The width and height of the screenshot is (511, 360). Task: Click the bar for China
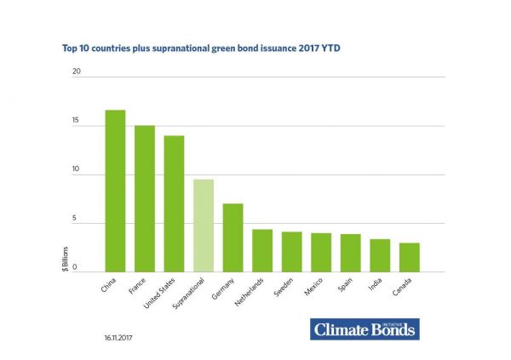pyautogui.click(x=115, y=191)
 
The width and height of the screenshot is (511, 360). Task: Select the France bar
pyautogui.click(x=145, y=198)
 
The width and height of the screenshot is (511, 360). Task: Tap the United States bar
pyautogui.click(x=175, y=203)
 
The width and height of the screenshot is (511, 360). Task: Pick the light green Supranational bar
pyautogui.click(x=204, y=226)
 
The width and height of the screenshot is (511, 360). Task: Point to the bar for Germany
pyautogui.click(x=233, y=237)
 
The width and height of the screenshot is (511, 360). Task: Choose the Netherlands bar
pyautogui.click(x=262, y=250)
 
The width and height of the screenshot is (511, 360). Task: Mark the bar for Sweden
pyautogui.click(x=292, y=251)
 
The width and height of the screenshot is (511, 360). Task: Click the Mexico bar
pyautogui.click(x=321, y=252)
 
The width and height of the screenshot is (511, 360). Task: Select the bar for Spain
pyautogui.click(x=351, y=253)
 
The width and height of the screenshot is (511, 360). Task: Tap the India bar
pyautogui.click(x=380, y=255)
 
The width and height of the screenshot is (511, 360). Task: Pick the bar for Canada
pyautogui.click(x=410, y=257)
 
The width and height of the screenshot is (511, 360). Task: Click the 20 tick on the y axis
pyautogui.click(x=77, y=71)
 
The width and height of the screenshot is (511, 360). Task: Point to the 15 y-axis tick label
pyautogui.click(x=77, y=122)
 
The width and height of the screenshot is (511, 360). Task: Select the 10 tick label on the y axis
pyautogui.click(x=77, y=170)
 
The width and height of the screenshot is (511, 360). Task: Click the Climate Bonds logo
pyautogui.click(x=365, y=329)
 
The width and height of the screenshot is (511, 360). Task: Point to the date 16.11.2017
pyautogui.click(x=119, y=338)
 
